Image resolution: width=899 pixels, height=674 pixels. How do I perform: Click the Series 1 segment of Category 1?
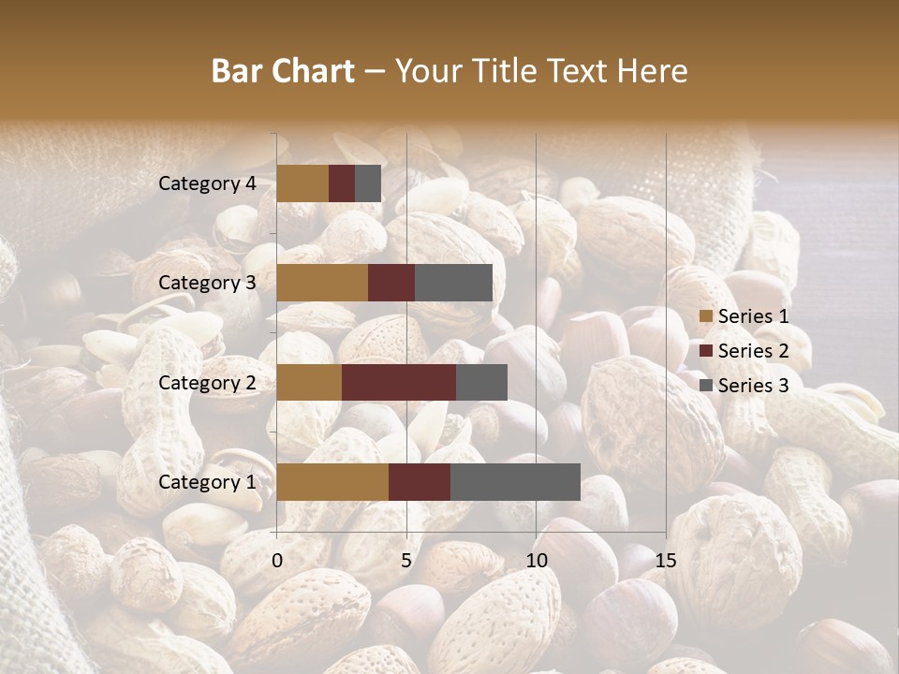coord(332,481)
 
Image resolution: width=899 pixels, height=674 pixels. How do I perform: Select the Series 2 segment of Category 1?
coord(419,481)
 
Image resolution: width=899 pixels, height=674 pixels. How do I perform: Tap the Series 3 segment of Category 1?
coord(515,481)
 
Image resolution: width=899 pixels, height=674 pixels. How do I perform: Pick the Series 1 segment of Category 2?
coord(309,382)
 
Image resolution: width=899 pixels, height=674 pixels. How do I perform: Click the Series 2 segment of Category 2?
coord(398,382)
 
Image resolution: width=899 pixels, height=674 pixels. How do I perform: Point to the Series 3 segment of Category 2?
coord(481,382)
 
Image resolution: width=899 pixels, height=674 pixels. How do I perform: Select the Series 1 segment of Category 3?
coord(322,283)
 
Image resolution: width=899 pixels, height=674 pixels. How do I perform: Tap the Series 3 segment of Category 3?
coord(453,283)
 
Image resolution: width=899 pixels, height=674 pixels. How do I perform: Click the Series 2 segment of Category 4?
coord(342,183)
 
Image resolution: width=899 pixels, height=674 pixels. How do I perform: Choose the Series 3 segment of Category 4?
coord(368,183)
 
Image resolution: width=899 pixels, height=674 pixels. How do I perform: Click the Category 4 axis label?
coord(207,183)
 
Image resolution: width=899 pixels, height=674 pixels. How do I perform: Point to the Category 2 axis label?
coord(207,382)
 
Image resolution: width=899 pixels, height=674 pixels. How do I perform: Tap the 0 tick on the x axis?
coord(277,561)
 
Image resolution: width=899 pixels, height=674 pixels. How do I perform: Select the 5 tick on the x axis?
coord(406,561)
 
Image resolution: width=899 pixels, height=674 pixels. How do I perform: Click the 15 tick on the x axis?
coord(665,561)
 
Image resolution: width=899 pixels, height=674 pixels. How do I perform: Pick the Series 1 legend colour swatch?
coord(706,316)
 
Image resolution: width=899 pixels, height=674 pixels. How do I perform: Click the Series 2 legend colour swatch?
coord(706,351)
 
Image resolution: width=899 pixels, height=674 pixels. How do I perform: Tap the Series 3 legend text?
coord(753,386)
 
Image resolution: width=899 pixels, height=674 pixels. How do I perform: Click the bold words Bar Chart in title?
coord(283,71)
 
